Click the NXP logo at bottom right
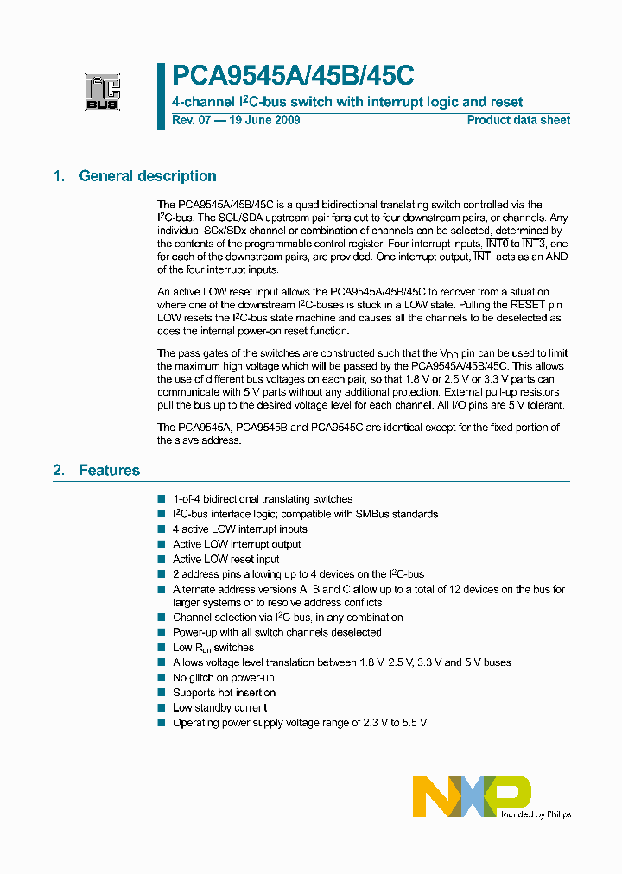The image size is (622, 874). (x=472, y=795)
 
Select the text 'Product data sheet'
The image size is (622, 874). (x=518, y=120)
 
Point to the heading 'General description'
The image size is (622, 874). (x=148, y=176)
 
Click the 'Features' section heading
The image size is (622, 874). (x=110, y=471)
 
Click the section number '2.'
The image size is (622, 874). (x=59, y=471)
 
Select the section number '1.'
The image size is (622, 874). (x=59, y=176)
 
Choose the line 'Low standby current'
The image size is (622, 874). (x=220, y=707)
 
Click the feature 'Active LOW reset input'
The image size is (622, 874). (x=225, y=559)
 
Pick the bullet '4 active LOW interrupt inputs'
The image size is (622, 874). (x=239, y=529)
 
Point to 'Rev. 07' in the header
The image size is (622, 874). (x=192, y=120)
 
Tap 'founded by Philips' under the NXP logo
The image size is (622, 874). (x=536, y=814)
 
